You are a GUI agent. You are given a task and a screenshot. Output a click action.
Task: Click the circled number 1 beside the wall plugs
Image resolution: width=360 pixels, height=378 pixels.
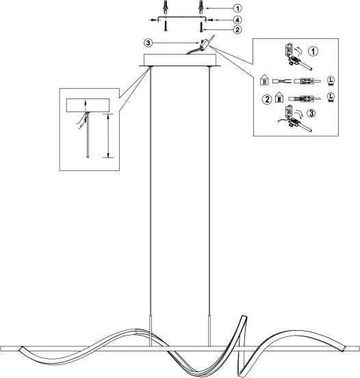click(237, 8)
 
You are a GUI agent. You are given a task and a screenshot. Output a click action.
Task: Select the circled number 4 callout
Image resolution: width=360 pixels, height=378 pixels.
click(237, 20)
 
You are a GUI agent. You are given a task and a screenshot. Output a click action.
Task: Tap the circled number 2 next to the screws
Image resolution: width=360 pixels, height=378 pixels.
click(237, 30)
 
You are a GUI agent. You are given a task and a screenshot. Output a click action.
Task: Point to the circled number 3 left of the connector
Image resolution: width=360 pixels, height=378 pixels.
click(149, 43)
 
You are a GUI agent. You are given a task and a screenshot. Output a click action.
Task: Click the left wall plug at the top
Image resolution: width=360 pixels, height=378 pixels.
click(166, 7)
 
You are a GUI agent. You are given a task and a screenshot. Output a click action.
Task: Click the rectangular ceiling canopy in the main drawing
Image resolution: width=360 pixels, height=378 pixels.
click(180, 60)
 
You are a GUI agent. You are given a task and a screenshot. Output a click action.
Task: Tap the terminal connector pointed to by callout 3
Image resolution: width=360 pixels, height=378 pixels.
click(205, 45)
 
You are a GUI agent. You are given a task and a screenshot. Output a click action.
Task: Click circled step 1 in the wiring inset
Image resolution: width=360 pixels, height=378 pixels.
click(313, 51)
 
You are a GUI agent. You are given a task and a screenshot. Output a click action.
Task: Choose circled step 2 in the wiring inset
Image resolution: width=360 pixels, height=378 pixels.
click(267, 99)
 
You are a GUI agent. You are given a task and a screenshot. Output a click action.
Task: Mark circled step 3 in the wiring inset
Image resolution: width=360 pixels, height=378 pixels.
click(311, 113)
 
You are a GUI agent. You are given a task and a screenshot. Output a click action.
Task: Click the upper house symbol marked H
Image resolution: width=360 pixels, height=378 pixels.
click(264, 80)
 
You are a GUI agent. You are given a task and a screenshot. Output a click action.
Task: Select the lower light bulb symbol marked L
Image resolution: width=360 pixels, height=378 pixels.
click(331, 97)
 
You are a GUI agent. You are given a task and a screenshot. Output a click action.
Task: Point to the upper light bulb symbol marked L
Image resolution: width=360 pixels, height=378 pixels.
click(331, 81)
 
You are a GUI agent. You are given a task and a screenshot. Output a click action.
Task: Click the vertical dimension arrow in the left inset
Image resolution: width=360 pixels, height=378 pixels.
click(108, 135)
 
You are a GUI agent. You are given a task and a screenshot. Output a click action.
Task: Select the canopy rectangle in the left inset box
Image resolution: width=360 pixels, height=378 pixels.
click(88, 105)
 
